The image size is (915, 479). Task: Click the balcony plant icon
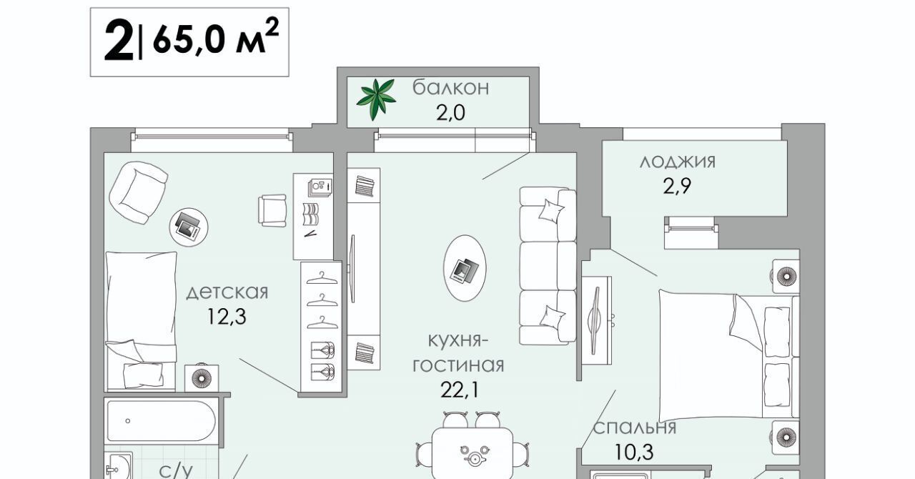pyautogui.click(x=377, y=99)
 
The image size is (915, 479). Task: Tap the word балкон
pyautogui.click(x=451, y=88)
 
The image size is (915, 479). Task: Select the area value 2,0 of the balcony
pyautogui.click(x=451, y=113)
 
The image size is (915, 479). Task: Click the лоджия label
pyautogui.click(x=678, y=162)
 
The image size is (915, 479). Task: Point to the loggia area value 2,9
pyautogui.click(x=678, y=187)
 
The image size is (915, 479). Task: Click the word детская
pyautogui.click(x=227, y=292)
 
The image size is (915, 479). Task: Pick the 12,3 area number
pyautogui.click(x=227, y=317)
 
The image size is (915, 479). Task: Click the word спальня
pyautogui.click(x=635, y=428)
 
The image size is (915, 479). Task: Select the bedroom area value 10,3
pyautogui.click(x=635, y=452)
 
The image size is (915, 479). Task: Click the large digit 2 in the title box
pyautogui.click(x=118, y=42)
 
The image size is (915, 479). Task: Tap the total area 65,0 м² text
pyautogui.click(x=214, y=41)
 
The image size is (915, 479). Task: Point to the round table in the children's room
pyautogui.click(x=189, y=227)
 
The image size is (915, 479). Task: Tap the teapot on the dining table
pyautogui.click(x=473, y=455)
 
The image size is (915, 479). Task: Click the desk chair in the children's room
pyautogui.click(x=272, y=209)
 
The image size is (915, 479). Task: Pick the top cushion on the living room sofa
pyautogui.click(x=550, y=211)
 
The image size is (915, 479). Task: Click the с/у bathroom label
pyautogui.click(x=176, y=470)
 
